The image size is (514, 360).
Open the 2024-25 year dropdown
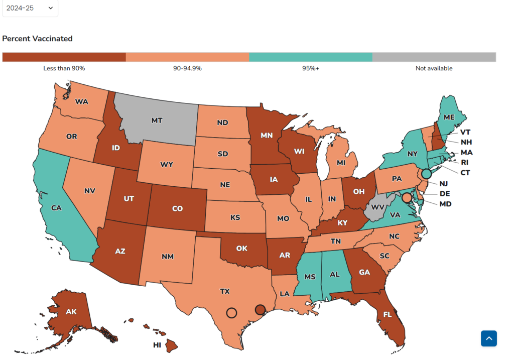[x=30, y=8]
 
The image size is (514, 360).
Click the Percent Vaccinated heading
[x=37, y=39]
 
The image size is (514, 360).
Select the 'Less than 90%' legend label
[x=64, y=68]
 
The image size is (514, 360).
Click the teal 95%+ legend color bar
[x=311, y=57]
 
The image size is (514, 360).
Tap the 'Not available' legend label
[x=434, y=68]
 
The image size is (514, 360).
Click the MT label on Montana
[x=157, y=121]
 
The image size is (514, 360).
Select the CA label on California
[x=56, y=207]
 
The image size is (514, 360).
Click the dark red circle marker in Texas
[x=260, y=310]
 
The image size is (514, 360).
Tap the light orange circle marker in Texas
[x=231, y=312]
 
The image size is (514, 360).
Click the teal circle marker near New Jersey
[x=426, y=174]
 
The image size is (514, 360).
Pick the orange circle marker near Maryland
[x=407, y=198]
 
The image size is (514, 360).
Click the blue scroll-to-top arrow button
[x=488, y=338]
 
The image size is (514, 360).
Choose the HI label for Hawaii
[x=157, y=345]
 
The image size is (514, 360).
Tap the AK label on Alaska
[x=71, y=312]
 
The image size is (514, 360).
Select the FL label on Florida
[x=388, y=314]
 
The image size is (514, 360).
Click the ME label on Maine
[x=449, y=117]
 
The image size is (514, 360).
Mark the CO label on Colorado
[x=177, y=209]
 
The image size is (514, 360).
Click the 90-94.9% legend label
[x=187, y=68]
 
